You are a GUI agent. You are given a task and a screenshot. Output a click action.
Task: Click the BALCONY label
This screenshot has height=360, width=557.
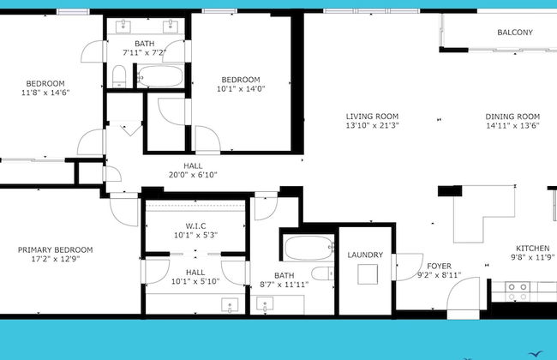(x=515, y=33)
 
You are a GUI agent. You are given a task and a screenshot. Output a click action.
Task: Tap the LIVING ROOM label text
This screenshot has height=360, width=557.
(x=372, y=117)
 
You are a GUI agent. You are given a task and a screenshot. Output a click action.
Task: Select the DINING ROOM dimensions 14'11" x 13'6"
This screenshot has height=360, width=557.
(x=512, y=125)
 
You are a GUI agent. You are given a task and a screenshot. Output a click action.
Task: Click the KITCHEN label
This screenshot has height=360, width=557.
(x=532, y=249)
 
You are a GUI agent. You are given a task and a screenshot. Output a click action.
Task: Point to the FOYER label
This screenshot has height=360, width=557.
(x=439, y=266)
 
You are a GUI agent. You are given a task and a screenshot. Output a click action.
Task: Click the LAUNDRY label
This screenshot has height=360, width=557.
(x=365, y=255)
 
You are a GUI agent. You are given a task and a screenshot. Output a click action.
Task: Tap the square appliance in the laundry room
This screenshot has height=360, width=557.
(x=368, y=274)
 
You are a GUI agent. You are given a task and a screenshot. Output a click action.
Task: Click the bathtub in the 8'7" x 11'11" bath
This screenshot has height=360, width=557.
(x=308, y=248)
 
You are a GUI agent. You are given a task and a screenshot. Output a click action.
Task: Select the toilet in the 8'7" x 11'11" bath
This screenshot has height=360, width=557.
(x=322, y=273)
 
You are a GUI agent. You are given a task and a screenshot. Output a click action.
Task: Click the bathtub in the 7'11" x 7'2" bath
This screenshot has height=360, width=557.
(x=160, y=76)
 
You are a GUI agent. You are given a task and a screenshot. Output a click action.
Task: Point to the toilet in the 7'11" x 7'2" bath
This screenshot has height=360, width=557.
(x=119, y=76)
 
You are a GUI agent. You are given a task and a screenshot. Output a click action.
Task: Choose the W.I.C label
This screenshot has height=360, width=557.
(x=195, y=225)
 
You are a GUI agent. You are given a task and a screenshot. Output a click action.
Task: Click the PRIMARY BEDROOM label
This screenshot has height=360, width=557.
(x=56, y=249)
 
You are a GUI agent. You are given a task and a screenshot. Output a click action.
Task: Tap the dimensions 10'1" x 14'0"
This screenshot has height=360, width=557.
(x=241, y=89)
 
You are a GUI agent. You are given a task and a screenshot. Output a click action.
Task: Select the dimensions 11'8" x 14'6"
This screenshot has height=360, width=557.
(x=45, y=93)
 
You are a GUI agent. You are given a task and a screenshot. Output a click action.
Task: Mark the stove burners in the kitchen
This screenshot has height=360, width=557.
(x=518, y=291)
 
